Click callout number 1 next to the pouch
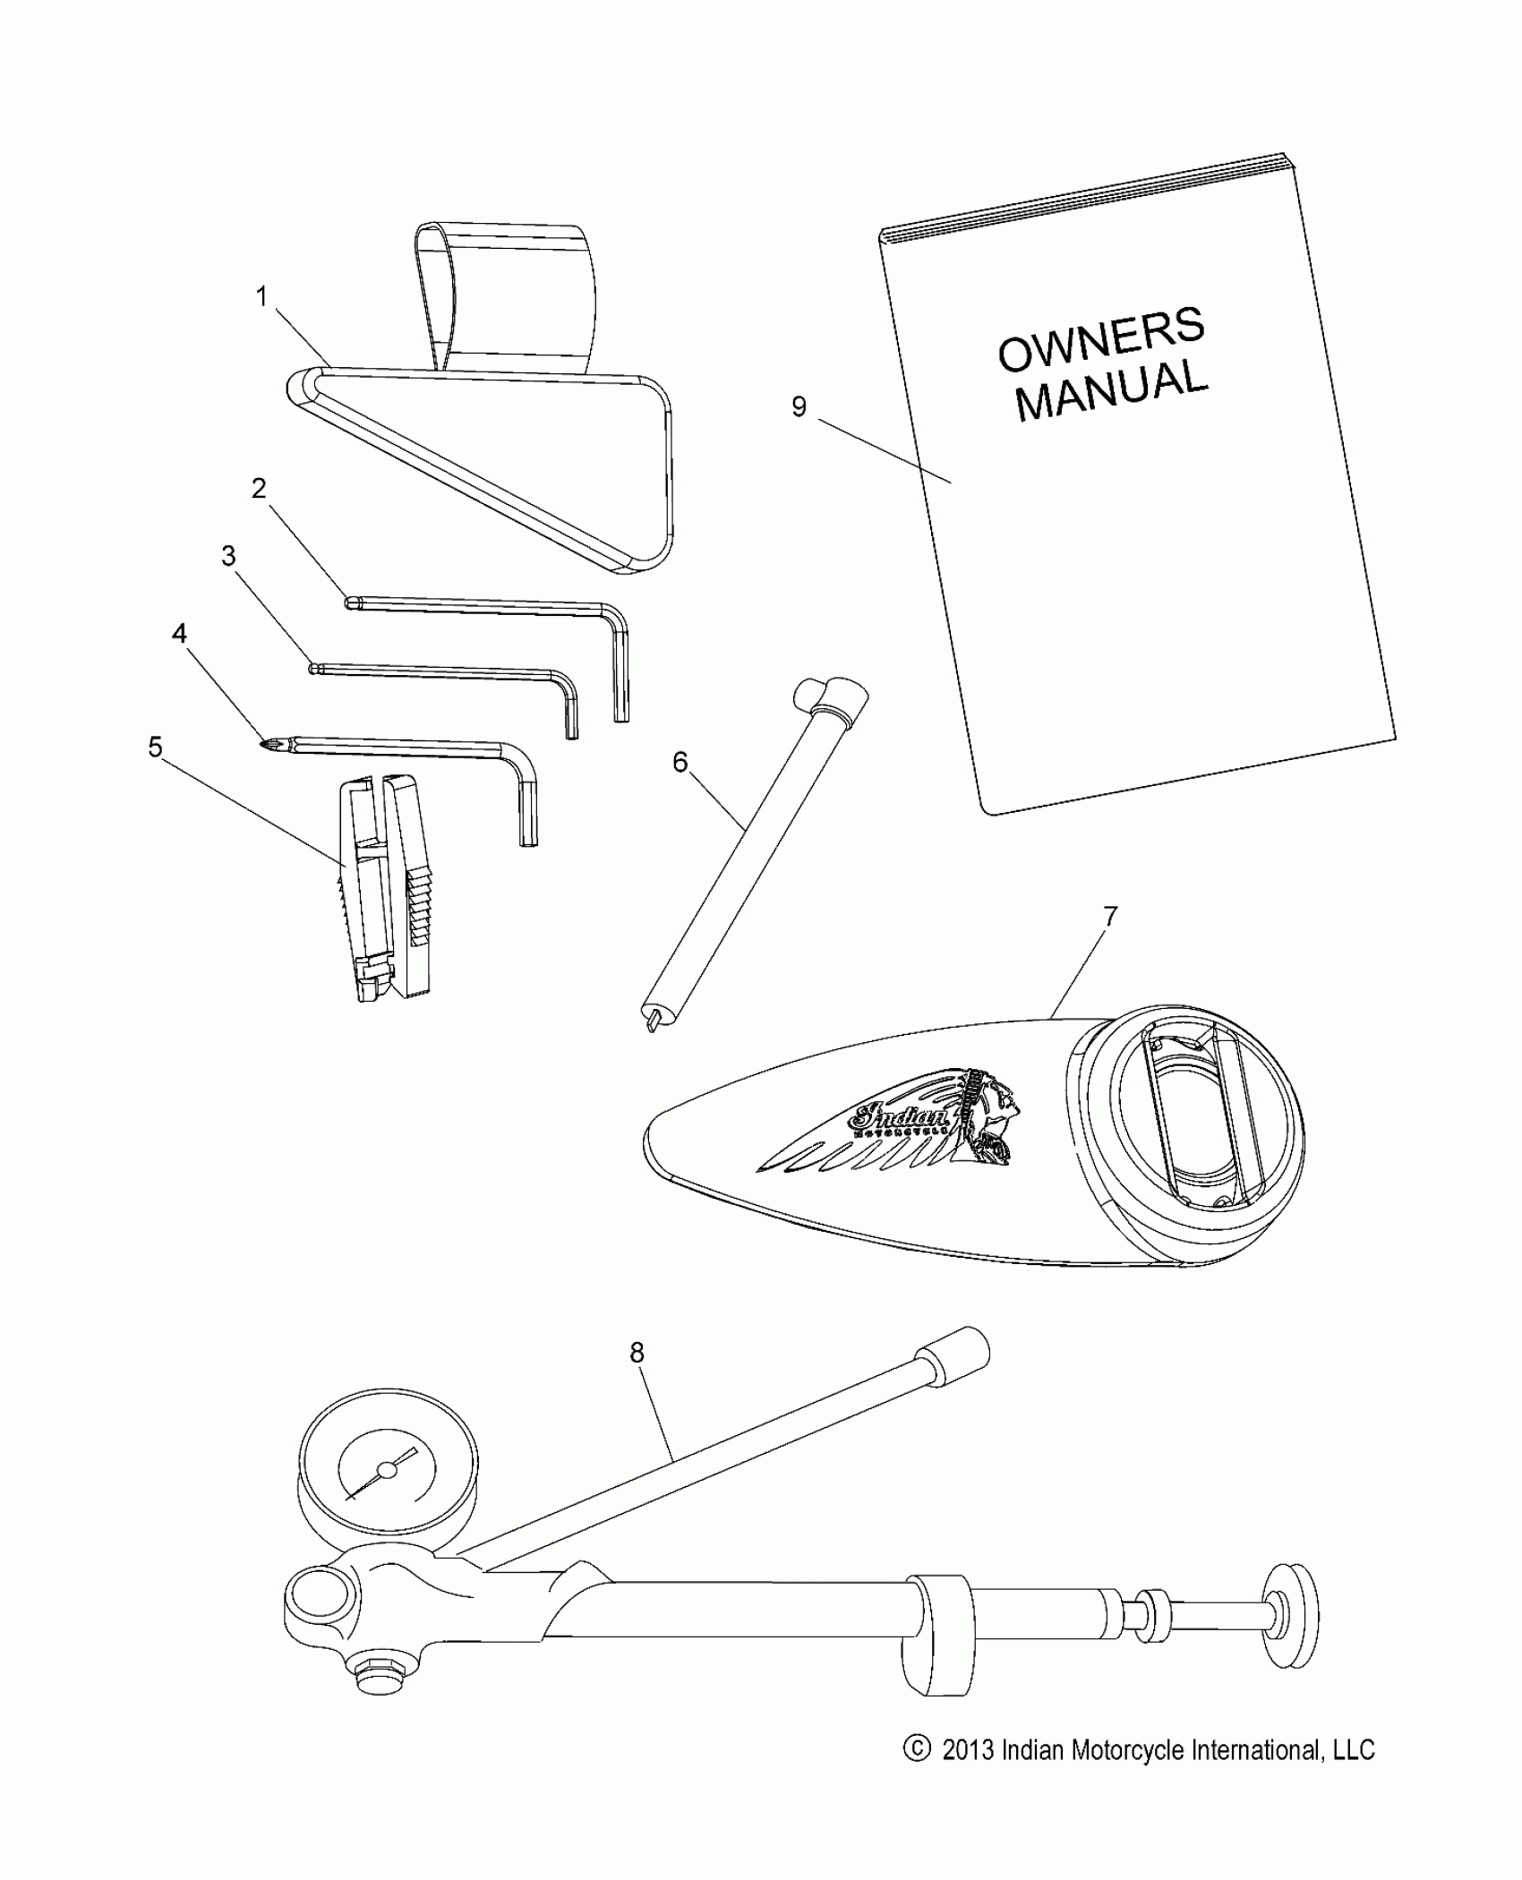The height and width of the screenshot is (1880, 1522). coord(261,297)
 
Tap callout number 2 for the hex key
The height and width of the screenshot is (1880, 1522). coord(259,489)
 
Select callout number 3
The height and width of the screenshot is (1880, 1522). coord(229,556)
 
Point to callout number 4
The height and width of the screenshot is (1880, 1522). coord(180,634)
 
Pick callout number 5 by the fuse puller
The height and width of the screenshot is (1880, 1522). coord(156,747)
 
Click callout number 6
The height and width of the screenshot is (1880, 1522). coord(680,762)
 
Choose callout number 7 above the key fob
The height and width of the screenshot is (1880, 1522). coord(1110,917)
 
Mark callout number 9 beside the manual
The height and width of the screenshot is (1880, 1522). coord(799,407)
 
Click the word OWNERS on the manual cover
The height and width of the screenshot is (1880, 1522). coord(1100,340)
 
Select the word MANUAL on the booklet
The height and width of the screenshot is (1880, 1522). coord(1112,391)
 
